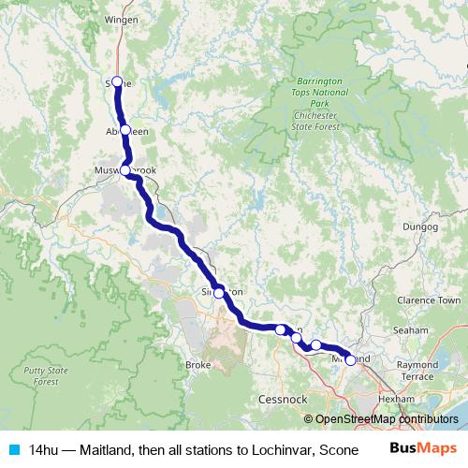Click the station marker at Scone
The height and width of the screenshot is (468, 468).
click(x=117, y=81)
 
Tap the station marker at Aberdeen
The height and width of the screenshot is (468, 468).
click(x=124, y=130)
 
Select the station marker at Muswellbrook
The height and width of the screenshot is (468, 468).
click(x=125, y=170)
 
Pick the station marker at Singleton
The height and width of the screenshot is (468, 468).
click(x=219, y=293)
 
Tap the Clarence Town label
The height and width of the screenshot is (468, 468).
click(x=429, y=300)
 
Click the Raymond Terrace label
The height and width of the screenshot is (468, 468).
click(x=417, y=370)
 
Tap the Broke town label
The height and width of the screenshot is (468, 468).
click(x=198, y=364)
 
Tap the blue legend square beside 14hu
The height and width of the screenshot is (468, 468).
click(x=13, y=449)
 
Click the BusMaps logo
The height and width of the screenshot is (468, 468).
click(x=424, y=448)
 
